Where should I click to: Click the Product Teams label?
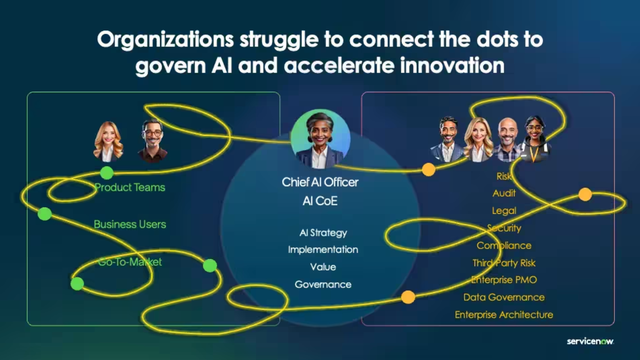click(x=130, y=187)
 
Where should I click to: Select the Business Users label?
click(x=130, y=224)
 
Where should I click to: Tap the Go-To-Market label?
click(x=130, y=262)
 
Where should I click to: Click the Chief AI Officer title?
click(x=320, y=183)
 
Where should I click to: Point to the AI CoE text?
click(x=320, y=200)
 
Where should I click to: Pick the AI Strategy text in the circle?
click(x=320, y=232)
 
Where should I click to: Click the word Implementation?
click(x=320, y=249)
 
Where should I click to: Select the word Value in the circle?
click(x=320, y=267)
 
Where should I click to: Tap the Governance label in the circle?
click(x=320, y=285)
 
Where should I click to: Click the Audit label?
click(x=504, y=193)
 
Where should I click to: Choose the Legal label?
click(x=504, y=211)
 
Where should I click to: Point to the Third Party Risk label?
click(x=504, y=262)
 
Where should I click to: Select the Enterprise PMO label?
click(x=504, y=279)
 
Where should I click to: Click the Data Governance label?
click(x=504, y=297)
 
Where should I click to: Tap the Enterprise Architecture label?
click(x=504, y=315)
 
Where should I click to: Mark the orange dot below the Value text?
click(x=407, y=296)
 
